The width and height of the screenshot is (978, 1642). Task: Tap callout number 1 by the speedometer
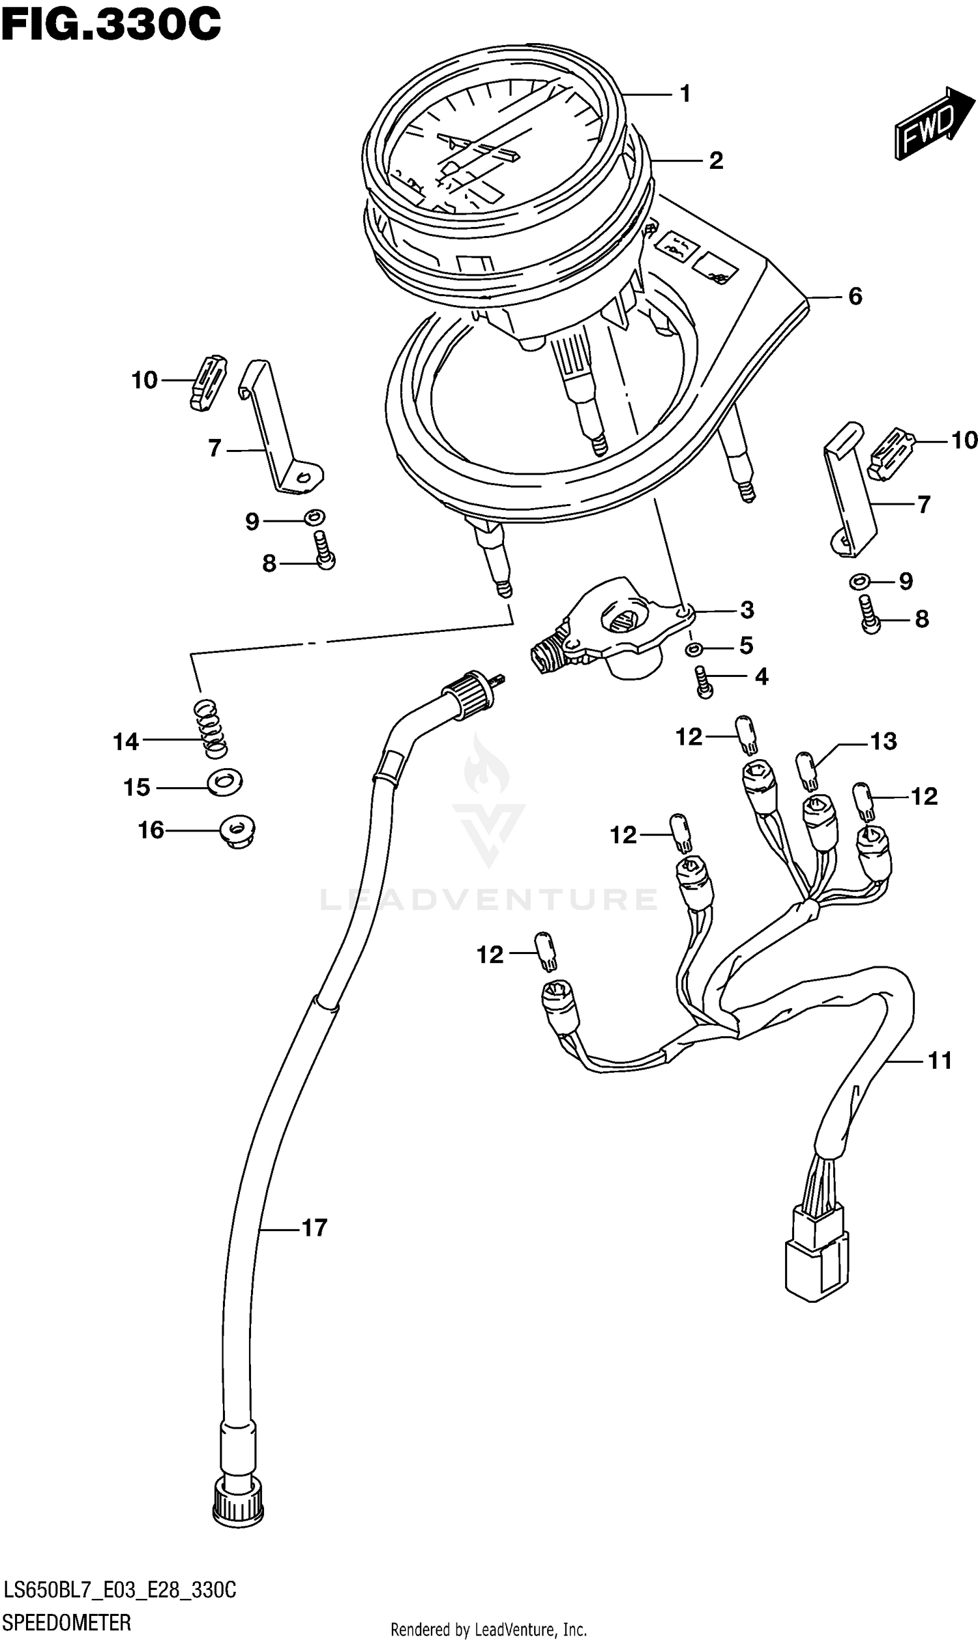coord(685,95)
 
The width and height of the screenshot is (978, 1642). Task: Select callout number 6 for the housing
coord(855,297)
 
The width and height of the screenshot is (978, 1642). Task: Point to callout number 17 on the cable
coord(314,1227)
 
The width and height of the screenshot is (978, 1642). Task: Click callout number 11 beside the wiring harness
coord(940,1060)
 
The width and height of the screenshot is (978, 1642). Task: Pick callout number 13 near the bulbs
coord(883,741)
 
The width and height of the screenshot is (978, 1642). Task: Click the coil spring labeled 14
coord(210,728)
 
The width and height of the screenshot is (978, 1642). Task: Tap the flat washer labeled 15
coord(225,783)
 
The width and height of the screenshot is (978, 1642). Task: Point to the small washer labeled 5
coord(693,650)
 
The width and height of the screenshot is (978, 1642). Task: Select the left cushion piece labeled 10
coord(207,382)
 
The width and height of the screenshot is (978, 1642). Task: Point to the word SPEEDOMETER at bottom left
coord(67,1622)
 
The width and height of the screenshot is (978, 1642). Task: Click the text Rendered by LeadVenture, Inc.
coord(488,1630)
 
